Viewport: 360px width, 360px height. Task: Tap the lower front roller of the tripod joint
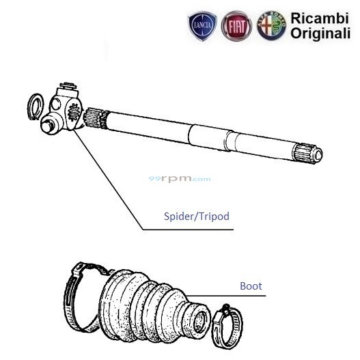pyautogui.click(x=50, y=126)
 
